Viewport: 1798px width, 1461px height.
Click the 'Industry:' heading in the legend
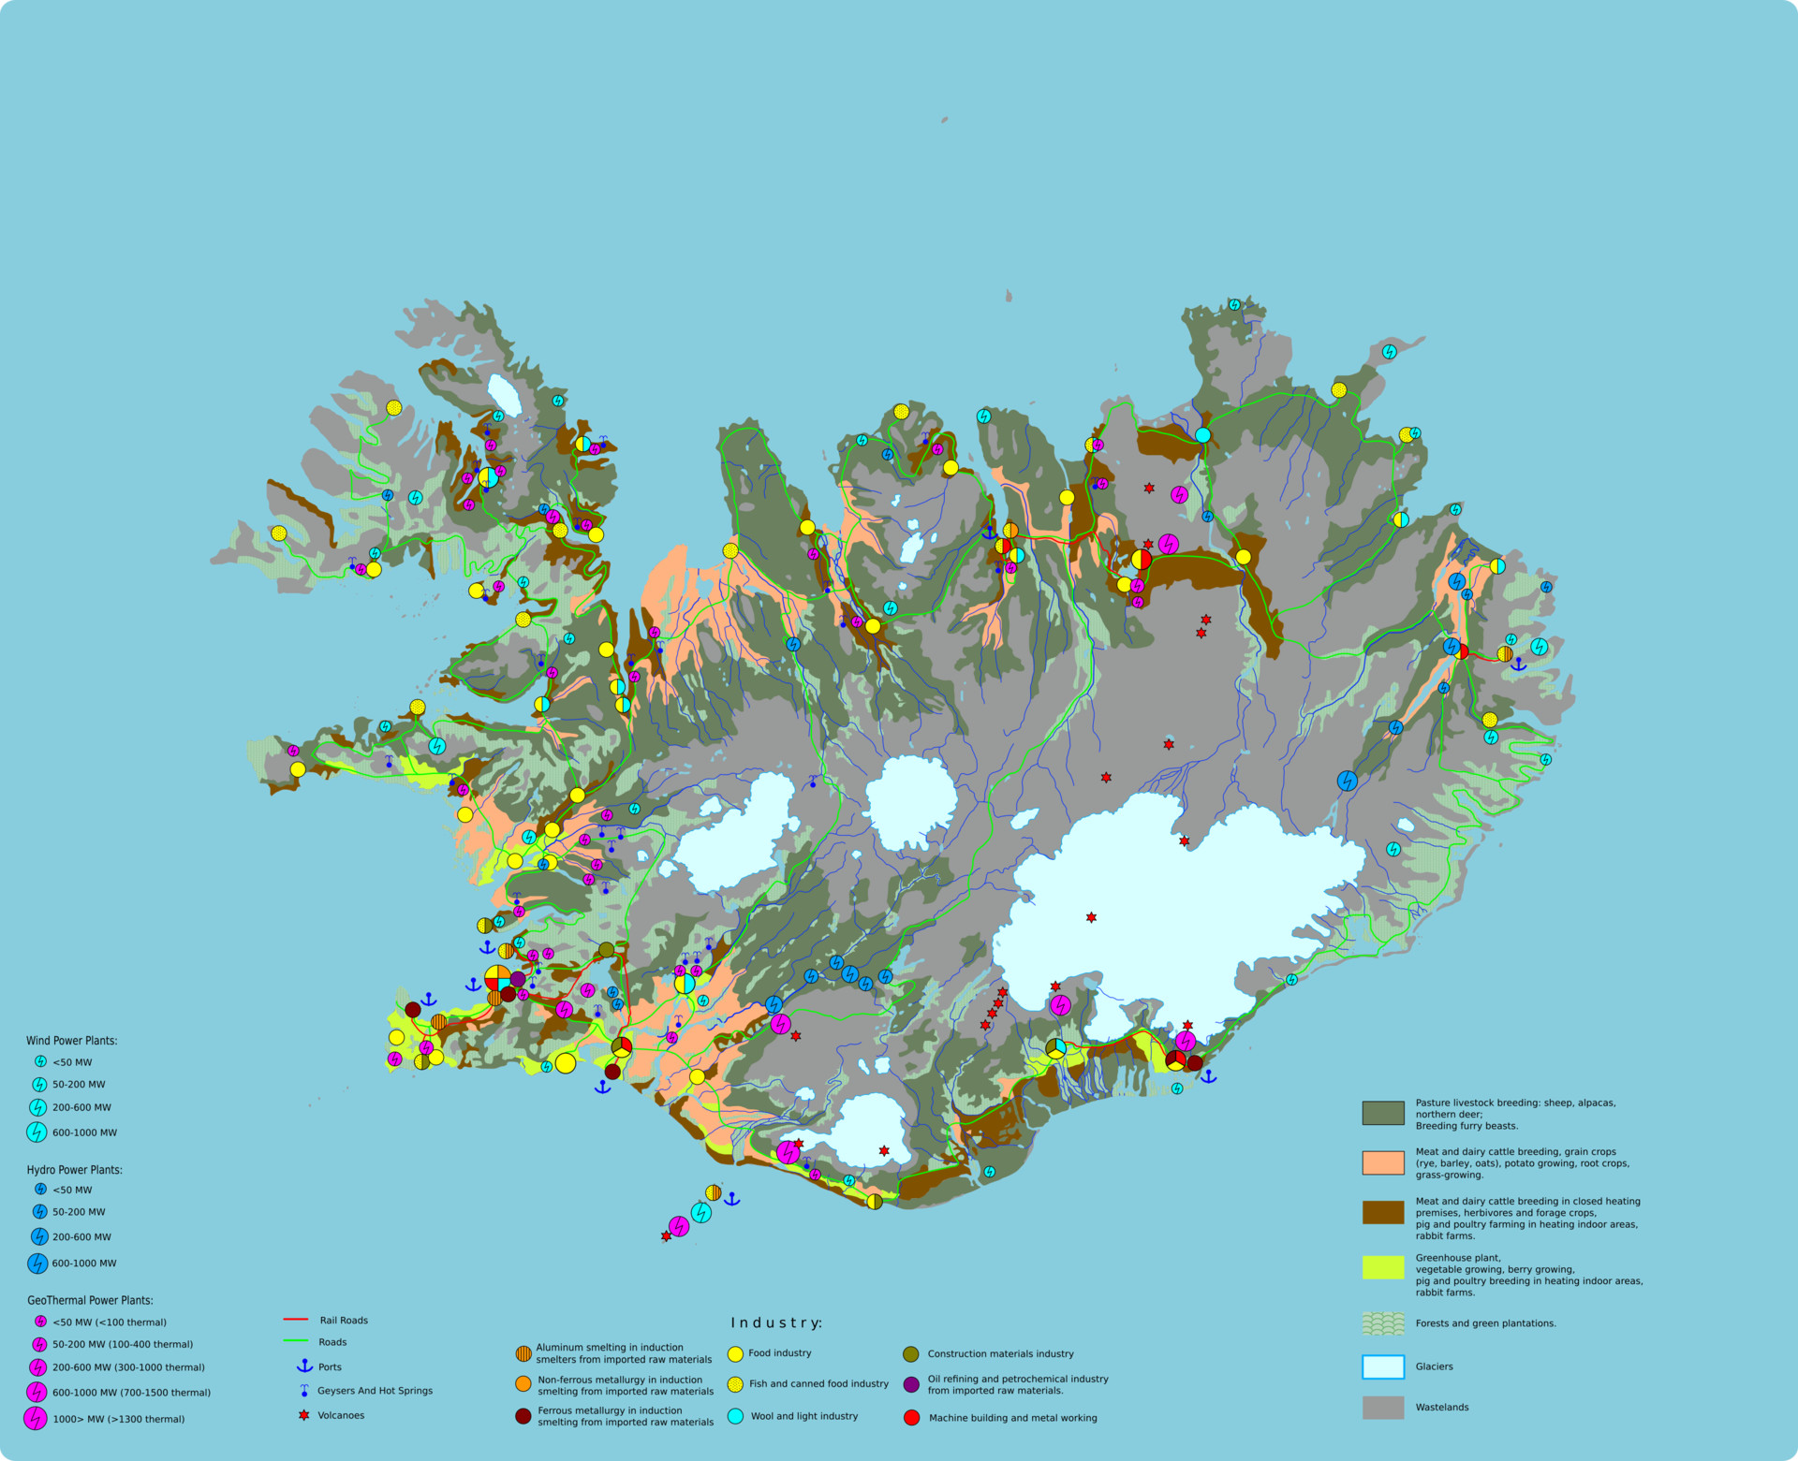point(775,1322)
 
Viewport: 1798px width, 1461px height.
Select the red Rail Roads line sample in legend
point(296,1320)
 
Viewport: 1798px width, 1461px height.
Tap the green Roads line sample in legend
point(296,1341)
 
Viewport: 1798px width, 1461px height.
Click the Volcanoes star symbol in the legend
point(303,1415)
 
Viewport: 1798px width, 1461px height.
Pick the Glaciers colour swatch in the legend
point(1382,1366)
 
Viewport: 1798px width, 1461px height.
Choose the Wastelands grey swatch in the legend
point(1382,1408)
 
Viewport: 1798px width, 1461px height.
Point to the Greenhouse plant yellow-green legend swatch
point(1382,1267)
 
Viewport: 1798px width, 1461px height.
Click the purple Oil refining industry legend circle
point(910,1384)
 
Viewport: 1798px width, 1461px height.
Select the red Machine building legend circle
point(911,1418)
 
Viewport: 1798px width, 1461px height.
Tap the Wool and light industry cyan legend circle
point(735,1416)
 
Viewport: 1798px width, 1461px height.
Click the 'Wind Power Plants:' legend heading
point(71,1041)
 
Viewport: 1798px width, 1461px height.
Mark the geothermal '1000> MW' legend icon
point(36,1419)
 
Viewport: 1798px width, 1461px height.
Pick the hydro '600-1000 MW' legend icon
point(37,1264)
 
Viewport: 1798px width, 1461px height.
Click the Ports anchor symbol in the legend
point(304,1366)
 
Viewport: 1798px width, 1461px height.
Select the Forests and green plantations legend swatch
point(1382,1323)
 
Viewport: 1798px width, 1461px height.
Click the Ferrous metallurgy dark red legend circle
point(523,1416)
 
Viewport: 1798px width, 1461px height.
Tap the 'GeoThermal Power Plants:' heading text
point(90,1300)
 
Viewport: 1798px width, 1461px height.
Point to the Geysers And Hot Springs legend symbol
point(304,1391)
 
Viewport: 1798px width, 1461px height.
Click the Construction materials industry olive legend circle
point(910,1353)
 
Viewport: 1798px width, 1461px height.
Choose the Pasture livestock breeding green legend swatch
point(1382,1113)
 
